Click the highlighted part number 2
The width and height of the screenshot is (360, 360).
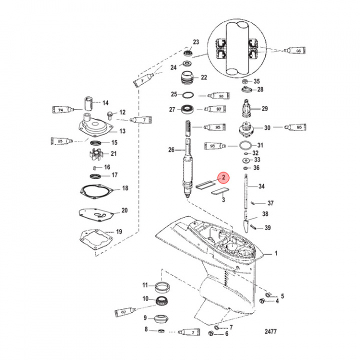tap(224, 177)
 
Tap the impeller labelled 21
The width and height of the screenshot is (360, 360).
tap(93, 154)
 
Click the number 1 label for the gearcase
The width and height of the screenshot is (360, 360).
tap(274, 254)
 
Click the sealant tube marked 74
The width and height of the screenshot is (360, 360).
tap(64, 109)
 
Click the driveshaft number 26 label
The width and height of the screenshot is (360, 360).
tap(171, 149)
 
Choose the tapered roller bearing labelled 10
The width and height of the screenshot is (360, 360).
tap(163, 301)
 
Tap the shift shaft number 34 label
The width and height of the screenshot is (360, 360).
tap(261, 186)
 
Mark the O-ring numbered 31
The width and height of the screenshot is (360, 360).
tap(245, 146)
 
